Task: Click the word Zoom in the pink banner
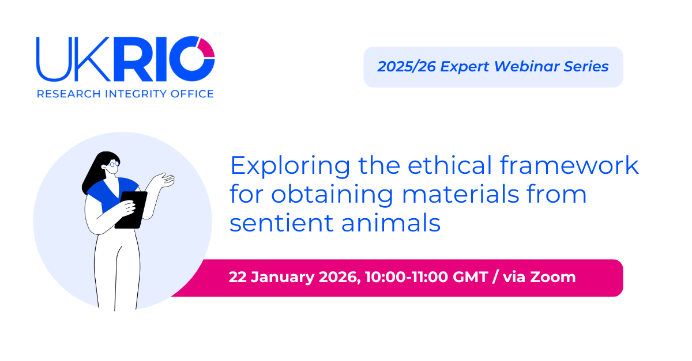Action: pos(553,278)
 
